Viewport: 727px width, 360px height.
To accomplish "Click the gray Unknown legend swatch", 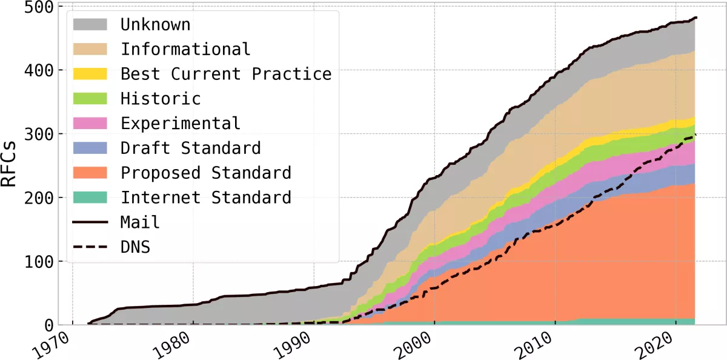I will (90, 24).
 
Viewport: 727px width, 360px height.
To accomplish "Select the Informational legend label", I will (185, 49).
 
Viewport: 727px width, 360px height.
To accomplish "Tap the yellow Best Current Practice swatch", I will (90, 74).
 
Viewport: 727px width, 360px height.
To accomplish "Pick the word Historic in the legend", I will (161, 98).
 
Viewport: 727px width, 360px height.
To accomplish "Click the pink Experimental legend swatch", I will (90, 123).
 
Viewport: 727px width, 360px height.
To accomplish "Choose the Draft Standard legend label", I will (191, 148).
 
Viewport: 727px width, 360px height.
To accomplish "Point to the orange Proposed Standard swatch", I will (90, 173).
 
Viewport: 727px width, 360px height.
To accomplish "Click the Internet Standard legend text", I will (206, 198).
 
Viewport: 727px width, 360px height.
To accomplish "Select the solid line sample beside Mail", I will (90, 222).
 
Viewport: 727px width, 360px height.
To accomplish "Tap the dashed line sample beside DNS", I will (90, 247).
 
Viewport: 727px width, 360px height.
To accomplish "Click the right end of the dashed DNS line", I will (695, 135).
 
